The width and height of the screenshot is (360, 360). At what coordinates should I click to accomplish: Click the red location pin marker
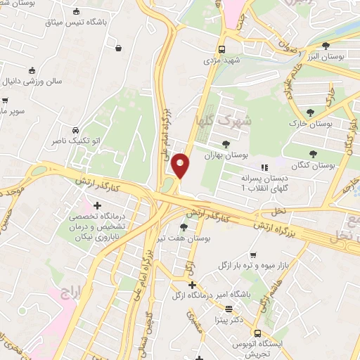(181, 165)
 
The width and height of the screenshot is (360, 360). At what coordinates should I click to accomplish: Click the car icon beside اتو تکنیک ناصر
(75, 130)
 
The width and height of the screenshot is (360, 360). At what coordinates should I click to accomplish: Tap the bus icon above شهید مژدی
(221, 50)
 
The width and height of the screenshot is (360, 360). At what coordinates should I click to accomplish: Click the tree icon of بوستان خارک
(311, 112)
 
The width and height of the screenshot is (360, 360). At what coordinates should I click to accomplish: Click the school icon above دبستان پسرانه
(265, 167)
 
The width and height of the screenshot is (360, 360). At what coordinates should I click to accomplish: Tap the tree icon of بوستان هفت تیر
(184, 227)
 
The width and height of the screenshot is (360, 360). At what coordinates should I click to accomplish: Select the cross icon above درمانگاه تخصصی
(97, 205)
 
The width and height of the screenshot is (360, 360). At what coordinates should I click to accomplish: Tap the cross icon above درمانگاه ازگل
(191, 284)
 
